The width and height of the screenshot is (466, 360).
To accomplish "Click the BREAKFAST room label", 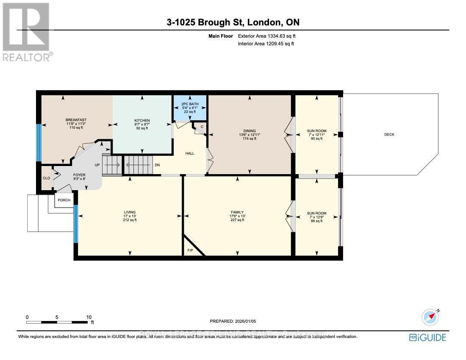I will coord(76,120).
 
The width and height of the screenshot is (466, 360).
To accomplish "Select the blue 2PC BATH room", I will coord(190,108).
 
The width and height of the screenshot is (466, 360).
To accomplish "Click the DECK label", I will coord(389,135).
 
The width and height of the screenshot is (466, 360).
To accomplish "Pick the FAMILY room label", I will coord(237,212).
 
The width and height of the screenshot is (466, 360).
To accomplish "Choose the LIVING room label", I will coord(130,212).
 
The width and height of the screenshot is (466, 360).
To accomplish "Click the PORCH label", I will coord(64,200).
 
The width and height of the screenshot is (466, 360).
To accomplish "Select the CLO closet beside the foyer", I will coord(46,178).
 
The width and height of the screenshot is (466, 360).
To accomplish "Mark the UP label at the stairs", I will coord(97,165).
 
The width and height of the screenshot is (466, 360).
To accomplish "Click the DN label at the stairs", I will coord(157,165).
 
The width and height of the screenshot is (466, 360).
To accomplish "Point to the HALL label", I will coord(190,153).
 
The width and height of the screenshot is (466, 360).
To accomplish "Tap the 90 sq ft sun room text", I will coord(316,138).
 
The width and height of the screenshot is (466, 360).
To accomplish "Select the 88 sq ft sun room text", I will coord(316,221).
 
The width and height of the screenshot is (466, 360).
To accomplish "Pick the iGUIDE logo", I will coord(427,338).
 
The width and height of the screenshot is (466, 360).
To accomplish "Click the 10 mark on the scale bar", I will coord(89,317).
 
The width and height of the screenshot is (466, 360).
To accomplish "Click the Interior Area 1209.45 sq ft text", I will coord(266,44).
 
